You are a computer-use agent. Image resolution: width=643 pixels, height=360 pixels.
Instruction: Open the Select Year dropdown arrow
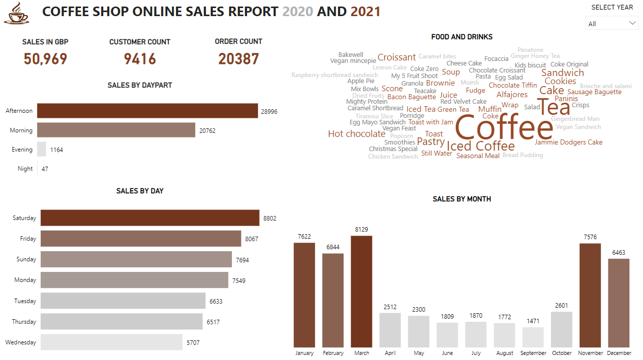tap(632, 23)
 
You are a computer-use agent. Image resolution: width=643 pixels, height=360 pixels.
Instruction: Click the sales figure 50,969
tap(45, 59)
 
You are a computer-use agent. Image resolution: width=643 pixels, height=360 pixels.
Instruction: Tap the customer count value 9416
tap(140, 59)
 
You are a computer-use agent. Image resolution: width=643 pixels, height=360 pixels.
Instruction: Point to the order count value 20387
tap(238, 59)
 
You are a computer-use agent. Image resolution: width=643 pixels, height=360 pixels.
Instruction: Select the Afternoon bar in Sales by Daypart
tap(147, 111)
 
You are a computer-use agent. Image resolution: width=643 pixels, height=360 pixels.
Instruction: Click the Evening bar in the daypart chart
tap(42, 150)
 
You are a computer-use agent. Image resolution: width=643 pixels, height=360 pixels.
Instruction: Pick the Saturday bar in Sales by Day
tap(150, 218)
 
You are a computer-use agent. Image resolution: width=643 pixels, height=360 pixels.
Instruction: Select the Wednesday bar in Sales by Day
tap(111, 342)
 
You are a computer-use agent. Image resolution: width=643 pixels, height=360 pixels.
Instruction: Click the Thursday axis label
tap(25, 322)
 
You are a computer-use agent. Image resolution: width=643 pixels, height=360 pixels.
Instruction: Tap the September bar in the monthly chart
tap(533, 337)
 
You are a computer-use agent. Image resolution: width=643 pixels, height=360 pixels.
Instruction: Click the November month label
tap(590, 353)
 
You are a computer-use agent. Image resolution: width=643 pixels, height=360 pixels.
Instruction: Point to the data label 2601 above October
tap(561, 306)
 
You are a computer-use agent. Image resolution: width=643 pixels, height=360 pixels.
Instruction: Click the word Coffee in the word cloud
tap(504, 128)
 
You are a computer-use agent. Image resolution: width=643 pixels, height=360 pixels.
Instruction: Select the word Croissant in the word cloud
tap(396, 57)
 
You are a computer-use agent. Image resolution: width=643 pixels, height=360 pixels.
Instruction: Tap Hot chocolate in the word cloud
tap(357, 134)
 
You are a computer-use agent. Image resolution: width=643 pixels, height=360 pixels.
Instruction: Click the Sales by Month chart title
tap(462, 199)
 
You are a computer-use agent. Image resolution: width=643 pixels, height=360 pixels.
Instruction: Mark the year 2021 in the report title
tap(365, 11)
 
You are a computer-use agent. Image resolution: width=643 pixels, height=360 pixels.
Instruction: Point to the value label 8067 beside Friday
tap(252, 239)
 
